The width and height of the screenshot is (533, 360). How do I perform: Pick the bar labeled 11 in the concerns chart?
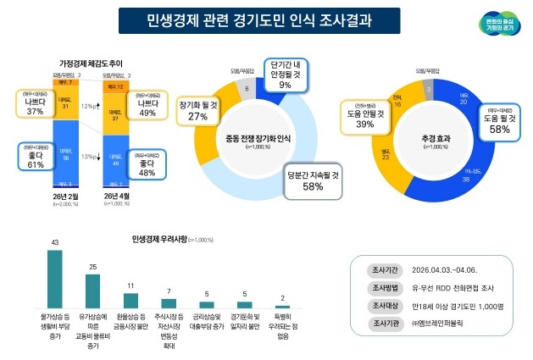point(130,300)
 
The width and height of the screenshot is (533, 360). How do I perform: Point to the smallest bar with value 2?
point(281,306)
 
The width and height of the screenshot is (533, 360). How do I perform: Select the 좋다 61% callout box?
point(35,158)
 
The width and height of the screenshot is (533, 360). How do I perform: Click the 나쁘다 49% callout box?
point(147,107)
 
